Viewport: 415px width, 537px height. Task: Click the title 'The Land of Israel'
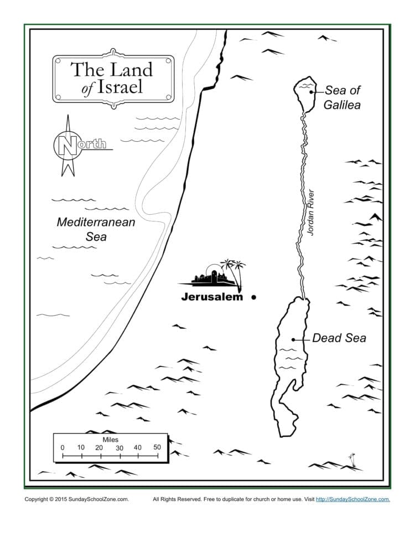coord(113,78)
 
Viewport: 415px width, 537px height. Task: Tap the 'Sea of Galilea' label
coord(342,97)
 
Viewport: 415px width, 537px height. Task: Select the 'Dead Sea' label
coord(339,338)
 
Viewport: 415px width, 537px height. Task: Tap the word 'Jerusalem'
coord(212,297)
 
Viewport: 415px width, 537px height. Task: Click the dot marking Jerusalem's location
coord(254,297)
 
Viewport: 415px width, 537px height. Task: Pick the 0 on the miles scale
coord(62,447)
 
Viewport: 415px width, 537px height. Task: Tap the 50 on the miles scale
coord(157,447)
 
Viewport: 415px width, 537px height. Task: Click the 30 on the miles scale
coord(119,447)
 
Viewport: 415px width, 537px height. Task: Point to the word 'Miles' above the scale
coord(111,438)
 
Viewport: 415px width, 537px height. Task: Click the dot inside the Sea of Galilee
coord(312,92)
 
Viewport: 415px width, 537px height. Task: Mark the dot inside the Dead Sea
coord(293,339)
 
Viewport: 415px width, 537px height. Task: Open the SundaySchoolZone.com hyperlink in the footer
coord(352,499)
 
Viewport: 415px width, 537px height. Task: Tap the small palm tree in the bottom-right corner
coord(351,459)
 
